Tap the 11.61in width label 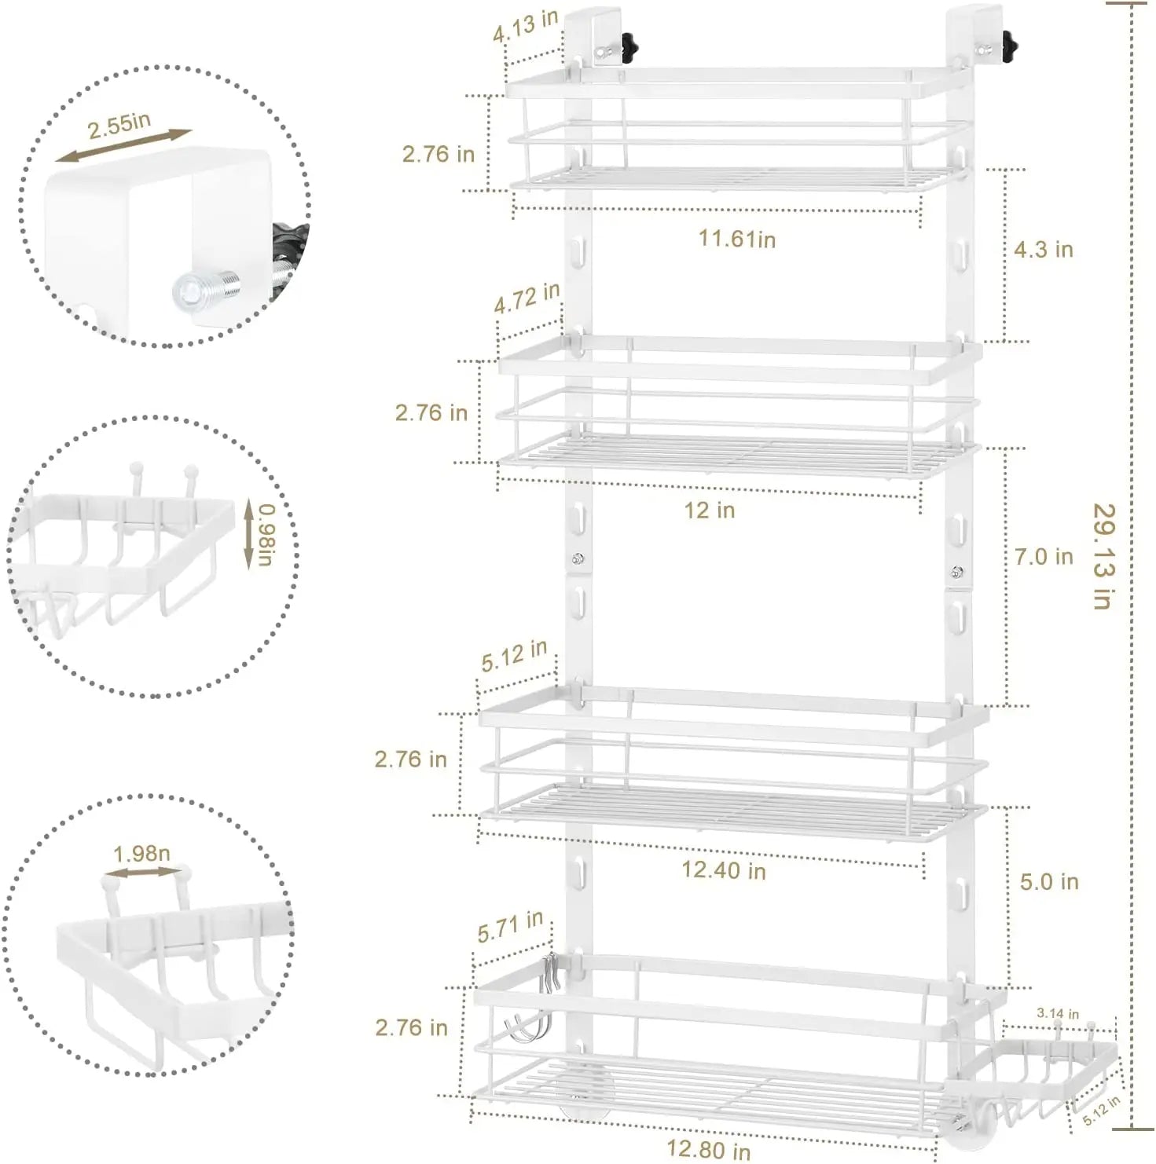pos(737,238)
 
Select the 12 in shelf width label pos(709,510)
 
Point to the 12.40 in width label pos(723,869)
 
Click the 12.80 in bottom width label pos(708,1149)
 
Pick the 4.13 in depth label pos(526,25)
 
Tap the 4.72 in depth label pos(527,298)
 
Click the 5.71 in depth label pos(510,927)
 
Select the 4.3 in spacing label pos(1043,250)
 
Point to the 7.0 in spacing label pos(1043,557)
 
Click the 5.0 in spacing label pos(1048,881)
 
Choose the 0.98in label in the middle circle pos(267,534)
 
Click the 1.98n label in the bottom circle pos(141,854)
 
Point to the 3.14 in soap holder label pos(1057,1013)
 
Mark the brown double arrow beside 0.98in pos(248,534)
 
